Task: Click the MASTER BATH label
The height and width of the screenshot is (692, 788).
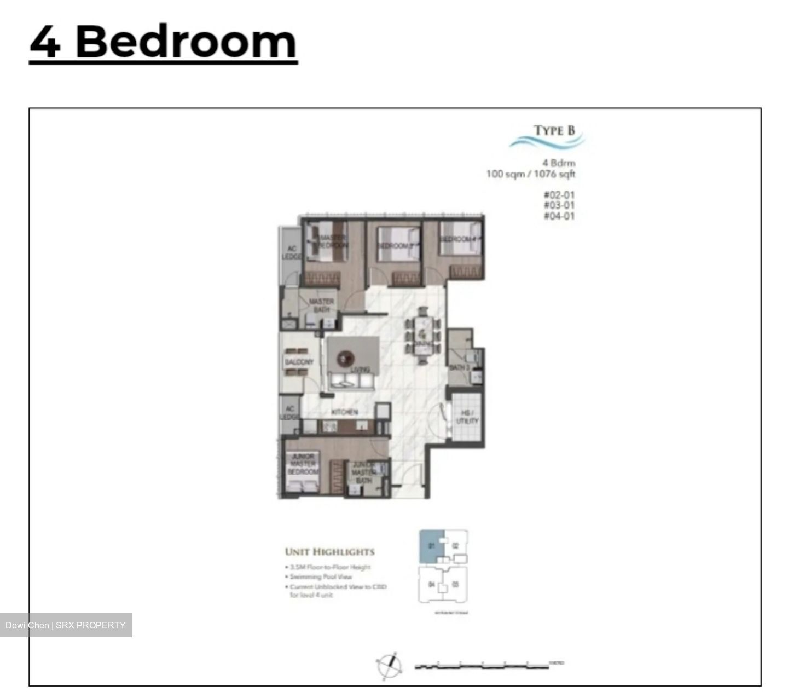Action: point(321,305)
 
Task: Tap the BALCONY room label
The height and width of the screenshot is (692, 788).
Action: point(299,362)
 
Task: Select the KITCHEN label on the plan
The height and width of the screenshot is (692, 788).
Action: point(345,412)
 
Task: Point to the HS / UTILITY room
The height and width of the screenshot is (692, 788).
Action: point(467,417)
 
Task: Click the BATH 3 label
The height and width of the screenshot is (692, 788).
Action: point(460,367)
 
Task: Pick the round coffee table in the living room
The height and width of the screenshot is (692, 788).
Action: point(345,359)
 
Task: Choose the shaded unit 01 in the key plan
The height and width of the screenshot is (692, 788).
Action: point(430,546)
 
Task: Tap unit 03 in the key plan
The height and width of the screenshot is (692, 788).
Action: point(455,584)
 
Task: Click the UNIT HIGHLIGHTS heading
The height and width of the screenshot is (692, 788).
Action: point(330,552)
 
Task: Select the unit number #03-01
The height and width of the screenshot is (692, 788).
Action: point(559,205)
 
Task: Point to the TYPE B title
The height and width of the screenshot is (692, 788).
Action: point(554,130)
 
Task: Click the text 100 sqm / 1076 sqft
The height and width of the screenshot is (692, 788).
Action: point(530,174)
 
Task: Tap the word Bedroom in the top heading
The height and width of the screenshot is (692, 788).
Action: point(186,42)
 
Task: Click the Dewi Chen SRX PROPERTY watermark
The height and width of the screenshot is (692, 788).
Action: point(66,625)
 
